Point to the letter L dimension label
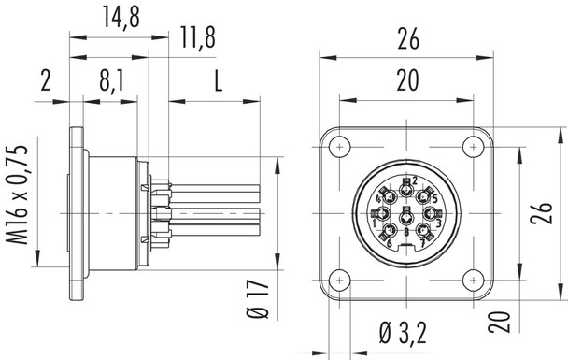pyautogui.click(x=216, y=82)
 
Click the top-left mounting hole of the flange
pyautogui.click(x=339, y=146)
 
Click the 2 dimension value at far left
pyautogui.click(x=43, y=81)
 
